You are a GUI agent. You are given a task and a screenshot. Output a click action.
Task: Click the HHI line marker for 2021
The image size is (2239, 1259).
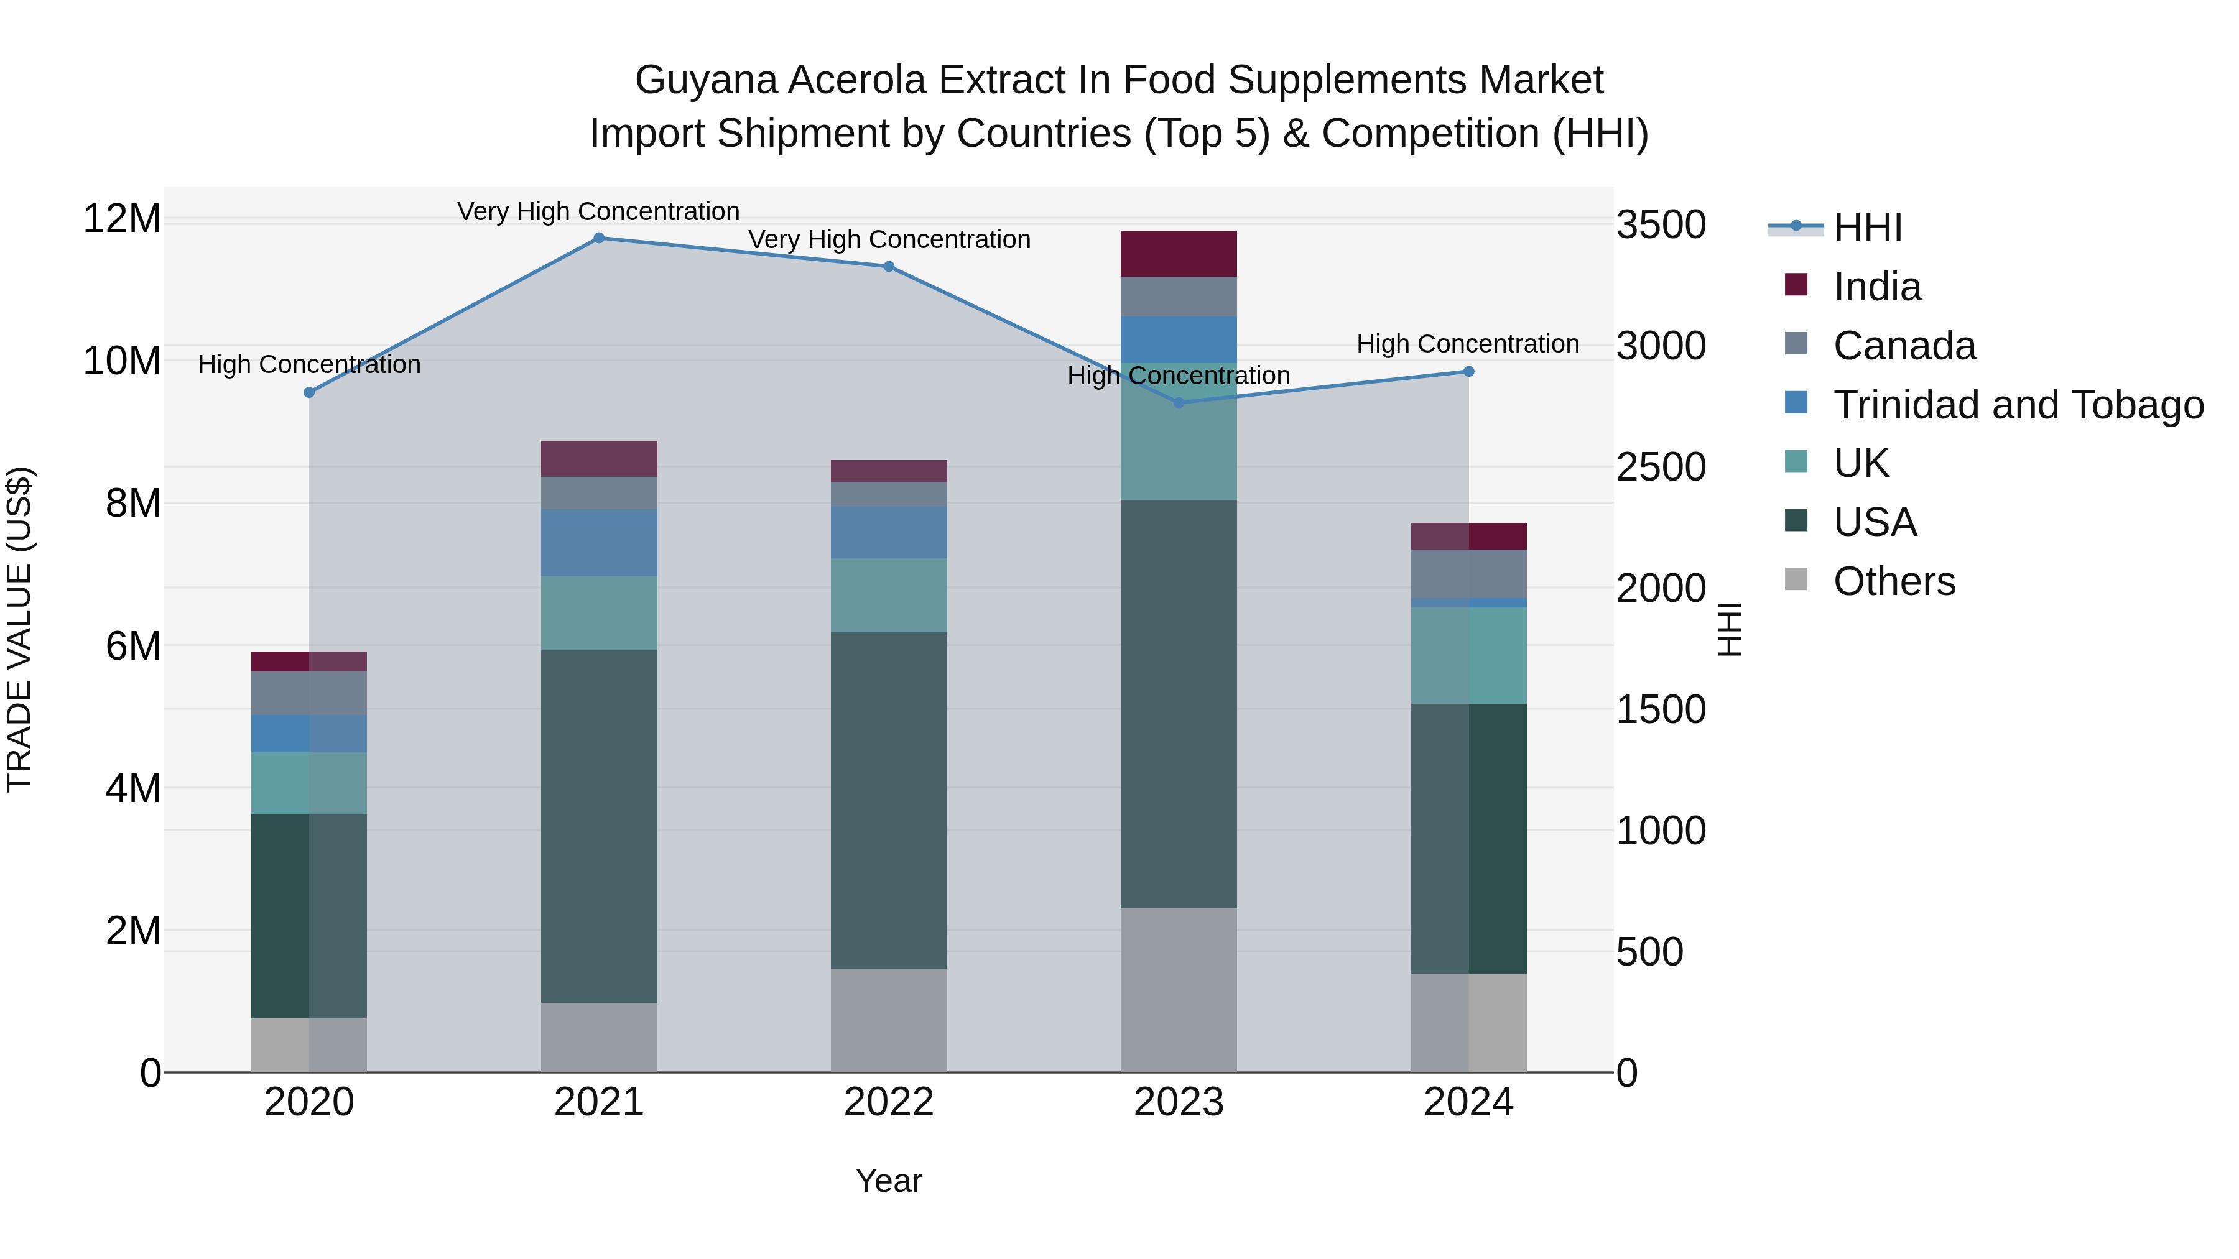click(x=599, y=238)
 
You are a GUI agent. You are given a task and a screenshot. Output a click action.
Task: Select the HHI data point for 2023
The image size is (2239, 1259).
click(x=1179, y=402)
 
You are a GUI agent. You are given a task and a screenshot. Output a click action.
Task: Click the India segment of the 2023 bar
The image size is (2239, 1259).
click(x=1179, y=254)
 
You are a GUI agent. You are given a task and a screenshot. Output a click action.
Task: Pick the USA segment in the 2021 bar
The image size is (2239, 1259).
click(x=599, y=826)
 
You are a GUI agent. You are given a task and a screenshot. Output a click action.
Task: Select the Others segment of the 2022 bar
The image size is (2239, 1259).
click(x=888, y=1020)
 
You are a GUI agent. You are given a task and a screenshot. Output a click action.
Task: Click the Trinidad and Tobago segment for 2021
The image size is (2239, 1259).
click(x=599, y=543)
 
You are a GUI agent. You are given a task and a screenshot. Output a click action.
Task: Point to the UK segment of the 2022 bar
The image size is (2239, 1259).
click(x=888, y=595)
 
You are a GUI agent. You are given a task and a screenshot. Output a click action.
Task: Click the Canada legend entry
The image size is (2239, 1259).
click(x=1904, y=346)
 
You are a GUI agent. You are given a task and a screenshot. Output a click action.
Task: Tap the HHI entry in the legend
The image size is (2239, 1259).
click(x=1867, y=228)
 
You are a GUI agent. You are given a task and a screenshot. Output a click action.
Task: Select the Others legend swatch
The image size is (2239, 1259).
click(x=1796, y=579)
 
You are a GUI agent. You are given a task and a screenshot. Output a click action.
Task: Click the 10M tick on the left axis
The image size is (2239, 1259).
click(x=122, y=361)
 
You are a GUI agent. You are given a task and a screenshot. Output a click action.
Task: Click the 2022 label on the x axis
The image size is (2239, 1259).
click(x=888, y=1102)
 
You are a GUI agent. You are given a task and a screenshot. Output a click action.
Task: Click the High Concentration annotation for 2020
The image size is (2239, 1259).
click(x=310, y=364)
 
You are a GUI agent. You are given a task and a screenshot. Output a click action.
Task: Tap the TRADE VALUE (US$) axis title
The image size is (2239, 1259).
click(x=19, y=629)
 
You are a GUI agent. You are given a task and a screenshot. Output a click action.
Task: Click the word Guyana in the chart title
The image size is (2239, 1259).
click(x=706, y=80)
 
